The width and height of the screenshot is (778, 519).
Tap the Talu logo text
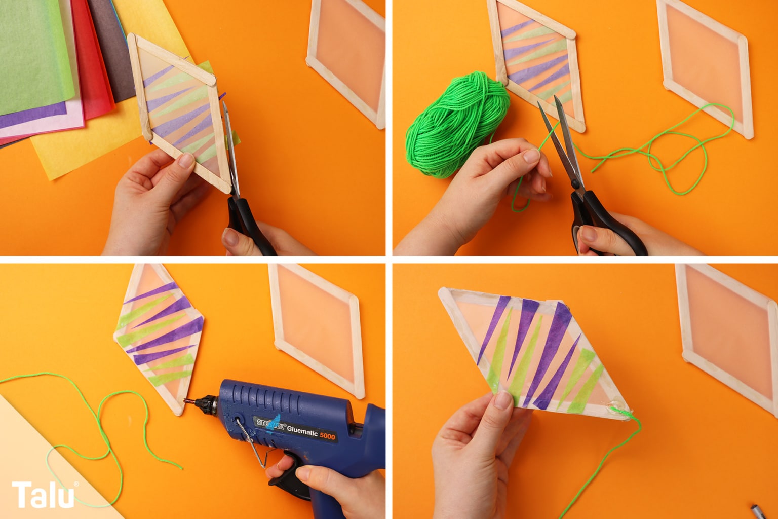coord(43,494)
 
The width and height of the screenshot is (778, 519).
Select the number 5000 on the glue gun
coord(327,435)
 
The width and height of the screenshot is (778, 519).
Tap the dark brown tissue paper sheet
coord(111,49)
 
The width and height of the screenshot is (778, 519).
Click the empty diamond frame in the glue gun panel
coord(317,330)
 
